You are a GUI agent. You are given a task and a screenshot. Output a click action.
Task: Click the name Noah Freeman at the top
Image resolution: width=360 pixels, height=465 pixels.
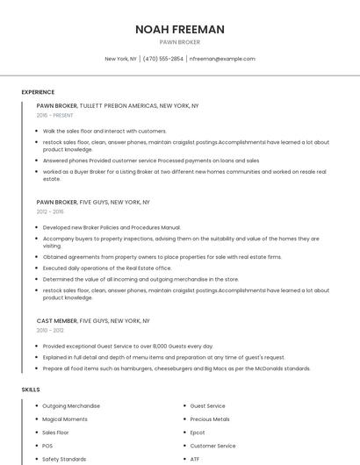(179, 29)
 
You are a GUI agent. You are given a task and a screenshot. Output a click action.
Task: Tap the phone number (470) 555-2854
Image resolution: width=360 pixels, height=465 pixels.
(163, 59)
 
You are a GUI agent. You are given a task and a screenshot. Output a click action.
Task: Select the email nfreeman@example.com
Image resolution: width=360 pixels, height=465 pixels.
(222, 59)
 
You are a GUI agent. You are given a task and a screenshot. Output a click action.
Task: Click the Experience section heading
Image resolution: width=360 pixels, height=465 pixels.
(38, 92)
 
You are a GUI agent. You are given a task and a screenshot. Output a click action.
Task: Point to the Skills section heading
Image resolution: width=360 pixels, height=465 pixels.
(31, 389)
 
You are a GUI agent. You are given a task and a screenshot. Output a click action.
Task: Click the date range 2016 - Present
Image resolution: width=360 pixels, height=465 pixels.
(55, 115)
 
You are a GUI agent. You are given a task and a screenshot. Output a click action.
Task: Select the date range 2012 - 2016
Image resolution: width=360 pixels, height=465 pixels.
(50, 211)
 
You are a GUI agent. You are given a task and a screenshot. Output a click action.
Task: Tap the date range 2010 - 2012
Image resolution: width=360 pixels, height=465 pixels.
(50, 331)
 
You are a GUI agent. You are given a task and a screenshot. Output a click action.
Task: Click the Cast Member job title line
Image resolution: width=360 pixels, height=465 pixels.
(93, 321)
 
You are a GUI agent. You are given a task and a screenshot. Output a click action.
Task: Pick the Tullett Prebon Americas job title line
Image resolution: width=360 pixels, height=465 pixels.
(118, 106)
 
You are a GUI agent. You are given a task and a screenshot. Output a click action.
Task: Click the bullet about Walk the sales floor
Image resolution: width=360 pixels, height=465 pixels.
(104, 131)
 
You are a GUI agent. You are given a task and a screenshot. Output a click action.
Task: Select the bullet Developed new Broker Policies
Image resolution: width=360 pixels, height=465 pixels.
(112, 227)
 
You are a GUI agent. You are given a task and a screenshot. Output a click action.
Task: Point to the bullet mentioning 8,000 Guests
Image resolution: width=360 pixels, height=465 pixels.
(128, 347)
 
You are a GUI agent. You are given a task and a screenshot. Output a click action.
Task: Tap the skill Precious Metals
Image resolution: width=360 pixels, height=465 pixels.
(210, 419)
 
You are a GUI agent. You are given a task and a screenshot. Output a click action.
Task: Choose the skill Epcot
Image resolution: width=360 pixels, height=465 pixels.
(198, 433)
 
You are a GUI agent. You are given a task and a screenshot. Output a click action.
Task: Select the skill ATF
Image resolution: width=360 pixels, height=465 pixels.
(195, 459)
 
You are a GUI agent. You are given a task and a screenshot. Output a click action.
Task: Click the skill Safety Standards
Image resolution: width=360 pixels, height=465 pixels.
(64, 459)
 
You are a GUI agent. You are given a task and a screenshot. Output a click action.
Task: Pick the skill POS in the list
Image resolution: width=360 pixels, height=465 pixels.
(47, 446)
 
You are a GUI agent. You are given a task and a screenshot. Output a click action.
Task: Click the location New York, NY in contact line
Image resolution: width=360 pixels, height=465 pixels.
(121, 59)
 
